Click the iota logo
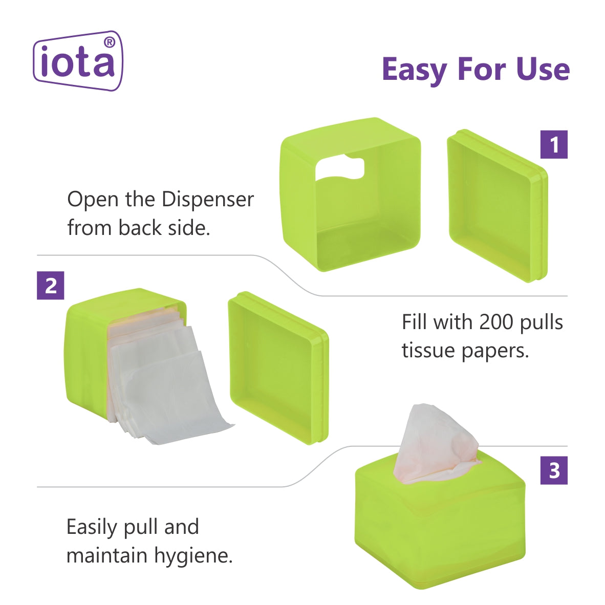click(78, 61)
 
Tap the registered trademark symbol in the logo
click(110, 42)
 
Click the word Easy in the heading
click(415, 70)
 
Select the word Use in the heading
click(543, 70)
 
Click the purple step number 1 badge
click(554, 145)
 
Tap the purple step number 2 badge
click(51, 286)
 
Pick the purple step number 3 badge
click(554, 470)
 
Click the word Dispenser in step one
click(208, 200)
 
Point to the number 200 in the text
click(495, 322)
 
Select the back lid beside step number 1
click(498, 206)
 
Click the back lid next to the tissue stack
click(278, 368)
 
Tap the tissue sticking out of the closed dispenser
click(437, 444)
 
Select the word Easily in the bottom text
click(92, 527)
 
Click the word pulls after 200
click(542, 322)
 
